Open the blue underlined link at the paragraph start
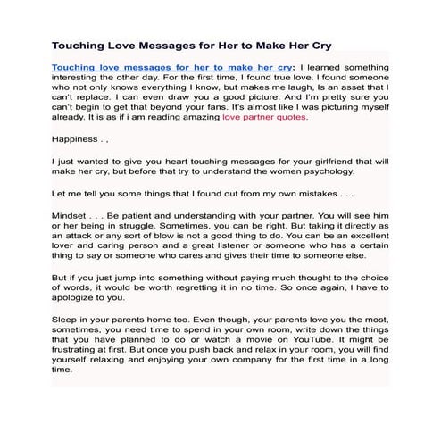point(172,67)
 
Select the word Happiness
point(77,139)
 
